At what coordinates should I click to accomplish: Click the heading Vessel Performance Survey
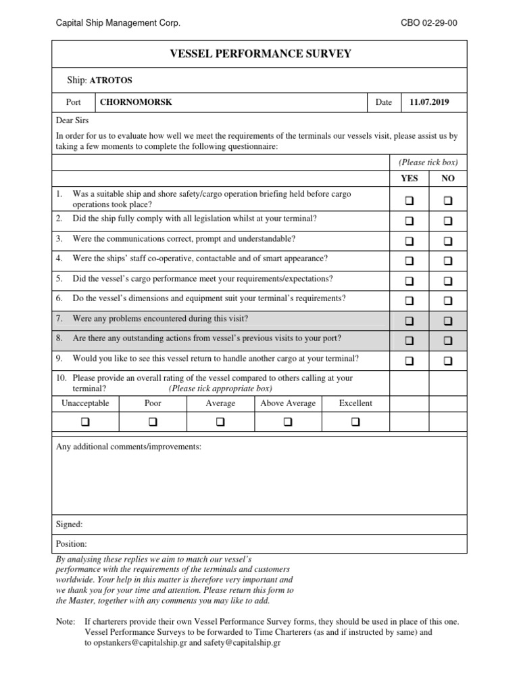(260, 53)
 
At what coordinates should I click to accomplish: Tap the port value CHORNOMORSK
(136, 102)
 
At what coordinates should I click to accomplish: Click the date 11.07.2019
(429, 102)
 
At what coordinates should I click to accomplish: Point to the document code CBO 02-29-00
(429, 23)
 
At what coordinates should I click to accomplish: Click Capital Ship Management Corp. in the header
(118, 23)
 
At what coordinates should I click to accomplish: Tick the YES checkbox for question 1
(410, 201)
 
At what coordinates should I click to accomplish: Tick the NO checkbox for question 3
(448, 241)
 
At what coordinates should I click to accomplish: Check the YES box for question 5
(410, 281)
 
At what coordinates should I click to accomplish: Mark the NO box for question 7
(448, 321)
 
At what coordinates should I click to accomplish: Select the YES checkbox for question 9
(410, 361)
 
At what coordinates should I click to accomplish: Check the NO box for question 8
(448, 341)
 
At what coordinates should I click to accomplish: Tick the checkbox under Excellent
(355, 422)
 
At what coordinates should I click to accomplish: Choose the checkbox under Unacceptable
(85, 422)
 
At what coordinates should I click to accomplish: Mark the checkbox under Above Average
(288, 422)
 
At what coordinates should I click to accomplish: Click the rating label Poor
(153, 403)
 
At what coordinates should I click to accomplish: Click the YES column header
(410, 179)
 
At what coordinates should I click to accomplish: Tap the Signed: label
(70, 524)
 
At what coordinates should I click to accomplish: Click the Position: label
(72, 543)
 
